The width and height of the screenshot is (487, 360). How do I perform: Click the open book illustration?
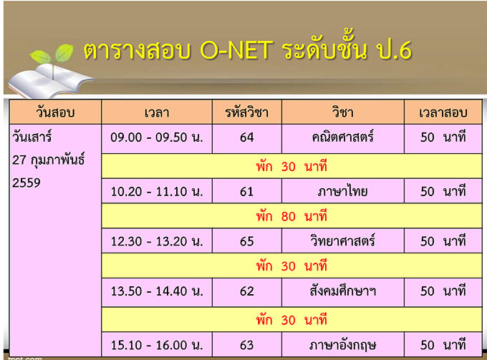click(49, 81)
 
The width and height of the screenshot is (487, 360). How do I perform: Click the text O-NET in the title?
click(236, 49)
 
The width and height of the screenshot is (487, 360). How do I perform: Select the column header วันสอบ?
click(55, 112)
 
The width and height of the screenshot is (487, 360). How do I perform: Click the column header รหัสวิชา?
click(247, 112)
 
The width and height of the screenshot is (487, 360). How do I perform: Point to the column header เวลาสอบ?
click(443, 113)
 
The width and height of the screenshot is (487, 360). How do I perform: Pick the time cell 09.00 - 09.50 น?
click(157, 137)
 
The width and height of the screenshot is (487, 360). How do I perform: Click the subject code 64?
click(247, 137)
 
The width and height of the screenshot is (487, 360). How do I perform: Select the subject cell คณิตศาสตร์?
click(343, 137)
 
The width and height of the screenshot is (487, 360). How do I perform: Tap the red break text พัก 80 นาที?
click(291, 216)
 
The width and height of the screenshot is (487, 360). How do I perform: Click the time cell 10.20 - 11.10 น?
click(157, 192)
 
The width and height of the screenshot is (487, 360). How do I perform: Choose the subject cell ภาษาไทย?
click(343, 191)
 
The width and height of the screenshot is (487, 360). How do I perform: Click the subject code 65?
click(247, 241)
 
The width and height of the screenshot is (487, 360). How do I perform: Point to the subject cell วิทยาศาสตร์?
click(343, 240)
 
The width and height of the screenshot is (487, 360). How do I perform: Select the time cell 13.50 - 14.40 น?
click(157, 291)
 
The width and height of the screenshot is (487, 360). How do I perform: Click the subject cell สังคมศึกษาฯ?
click(343, 291)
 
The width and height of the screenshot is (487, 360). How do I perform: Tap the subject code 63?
click(247, 345)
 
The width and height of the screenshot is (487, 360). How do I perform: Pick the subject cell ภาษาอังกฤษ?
click(343, 345)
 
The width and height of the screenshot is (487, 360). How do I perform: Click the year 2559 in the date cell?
click(26, 183)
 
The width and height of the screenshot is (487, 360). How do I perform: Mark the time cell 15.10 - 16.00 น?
click(157, 345)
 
